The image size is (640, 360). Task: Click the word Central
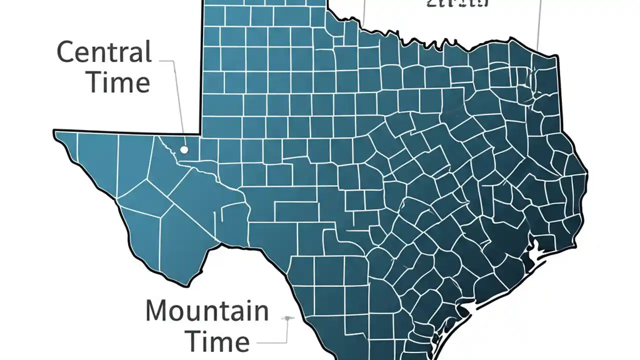[x=104, y=52]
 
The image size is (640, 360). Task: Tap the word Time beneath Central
[x=119, y=82]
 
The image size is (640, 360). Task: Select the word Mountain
[x=207, y=311]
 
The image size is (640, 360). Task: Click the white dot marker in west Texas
[x=184, y=149]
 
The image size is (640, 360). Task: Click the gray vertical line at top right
[x=539, y=25]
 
